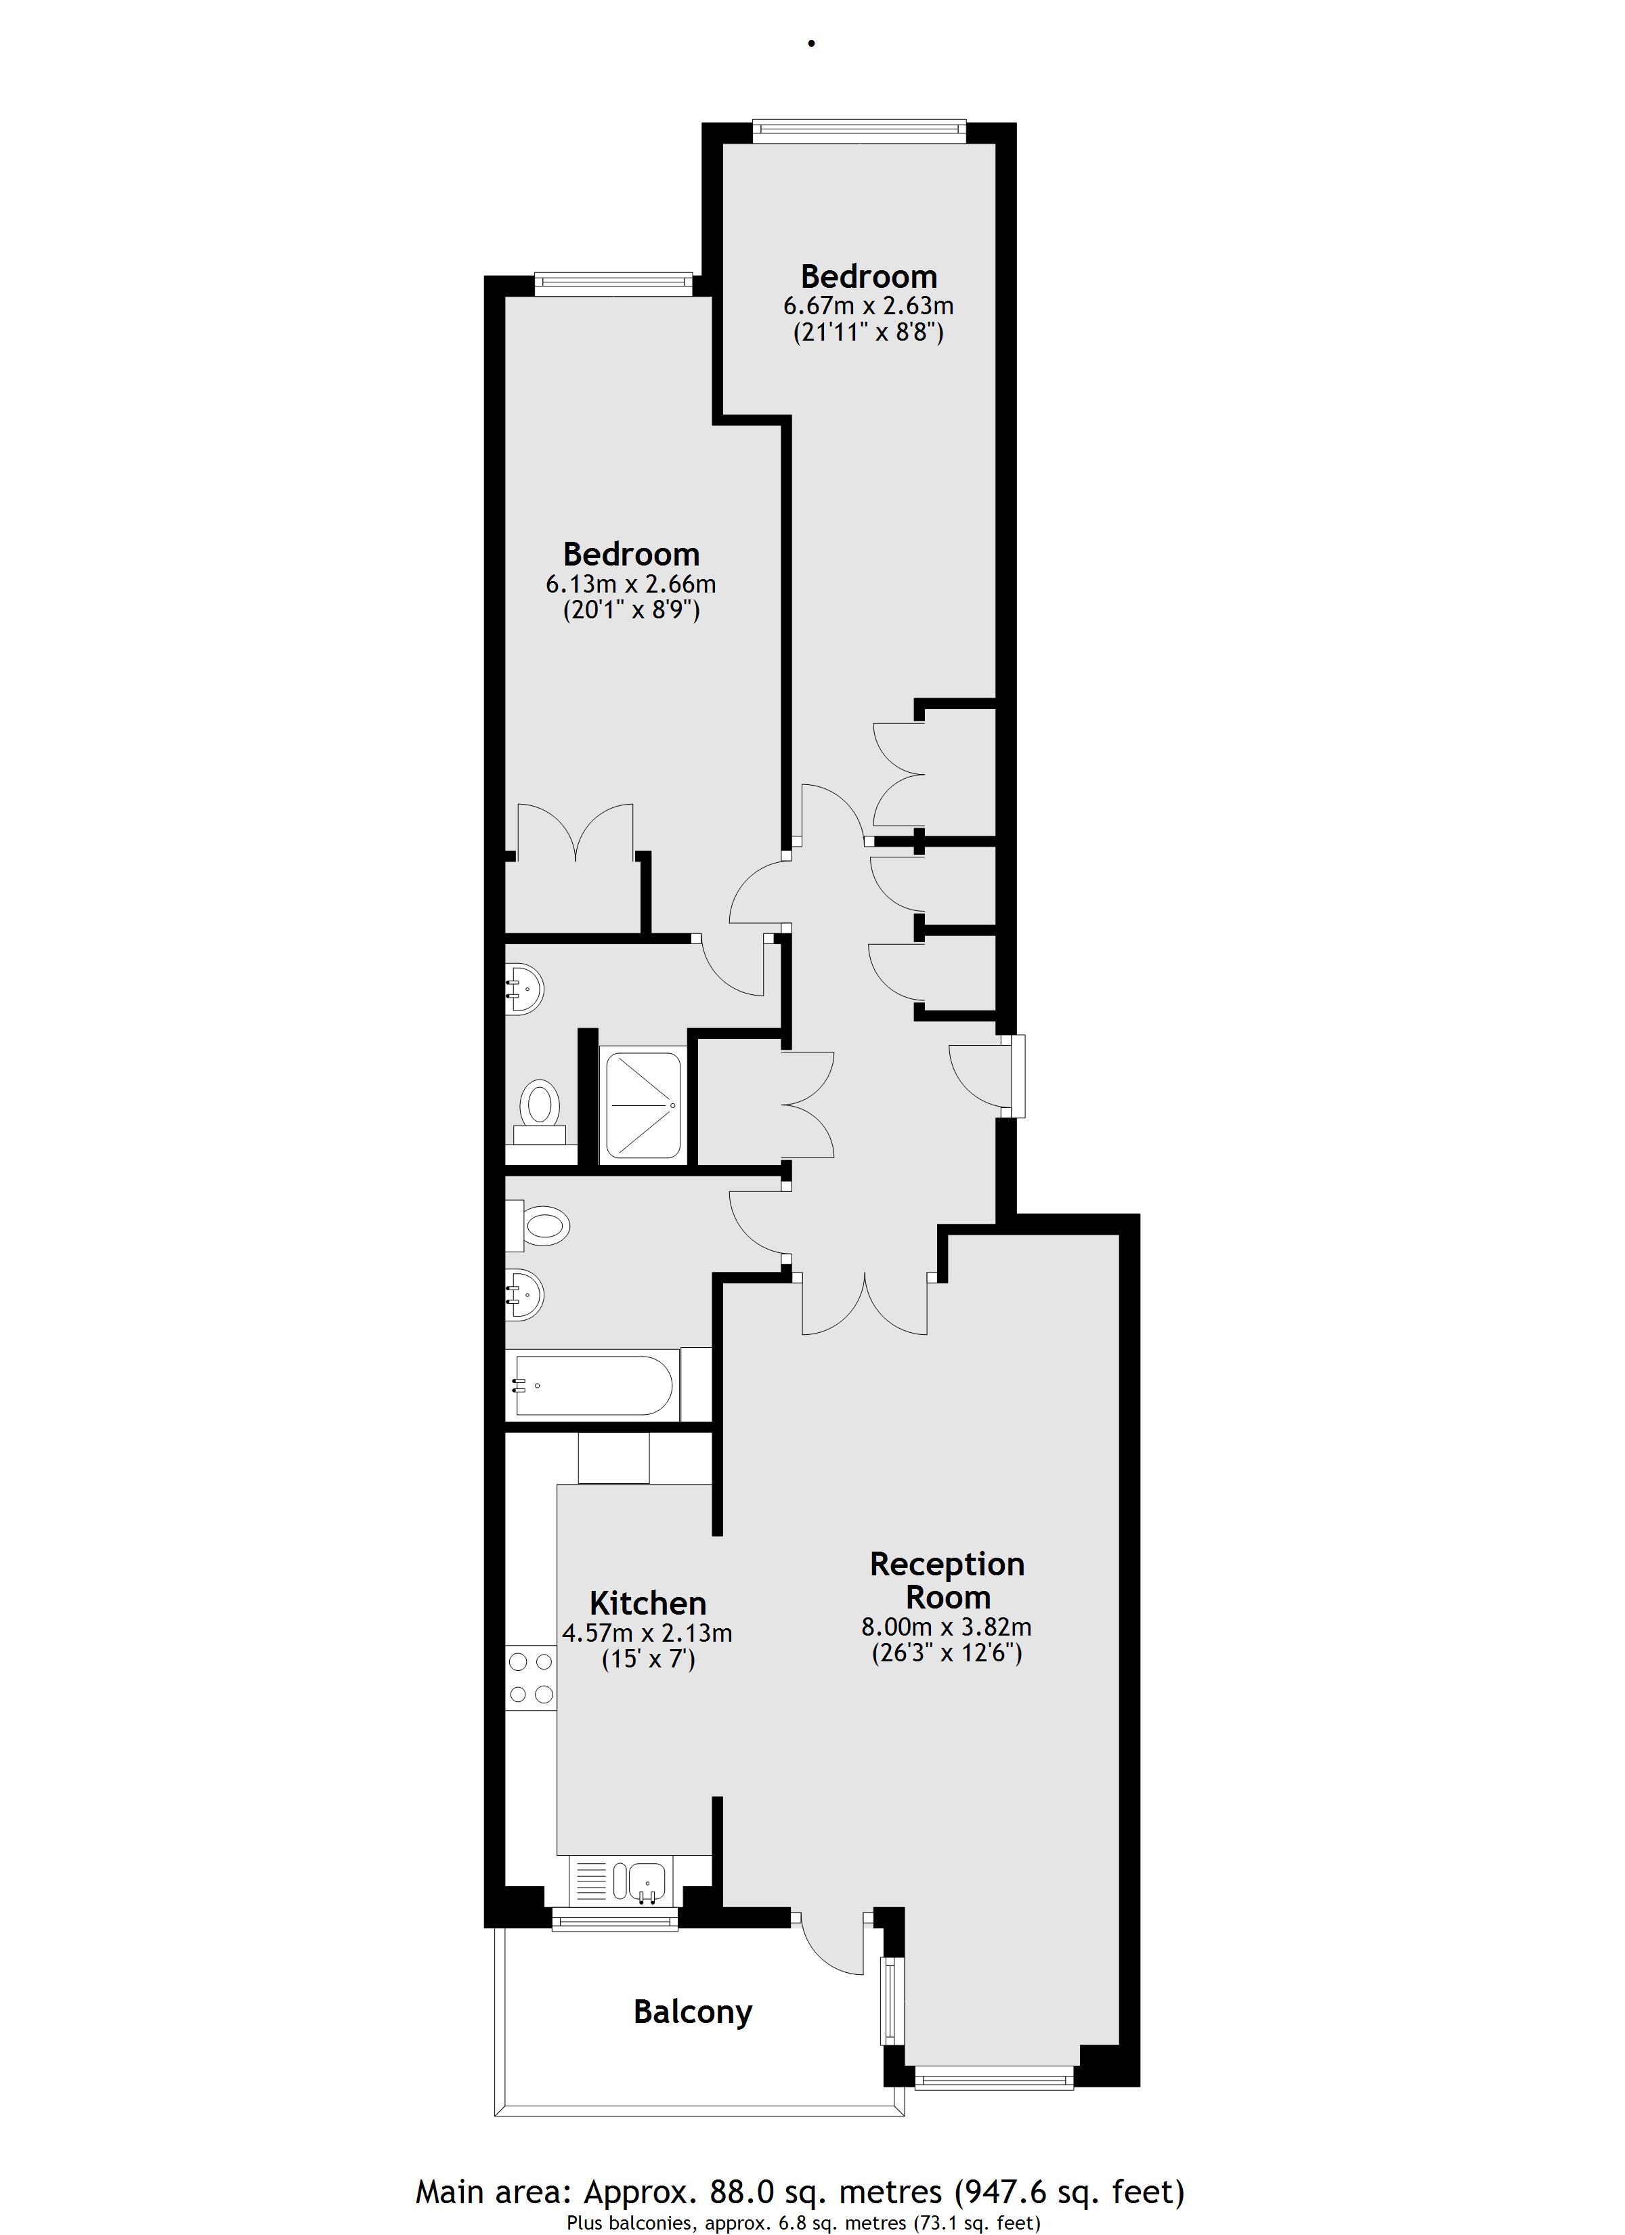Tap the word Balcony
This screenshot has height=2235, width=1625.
(x=693, y=2011)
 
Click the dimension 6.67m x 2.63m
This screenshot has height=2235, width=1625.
(x=868, y=305)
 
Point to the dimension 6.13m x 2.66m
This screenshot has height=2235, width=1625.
(x=630, y=583)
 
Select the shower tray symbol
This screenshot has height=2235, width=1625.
(x=643, y=1105)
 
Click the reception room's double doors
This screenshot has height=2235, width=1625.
(x=865, y=1303)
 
